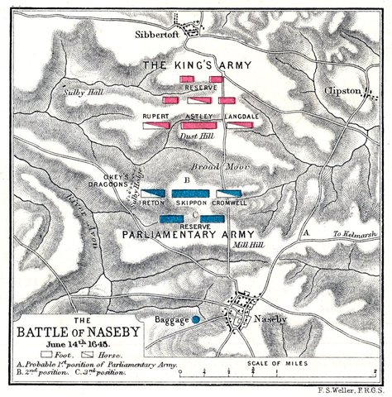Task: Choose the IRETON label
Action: point(154,201)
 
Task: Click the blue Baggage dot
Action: point(197,318)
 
